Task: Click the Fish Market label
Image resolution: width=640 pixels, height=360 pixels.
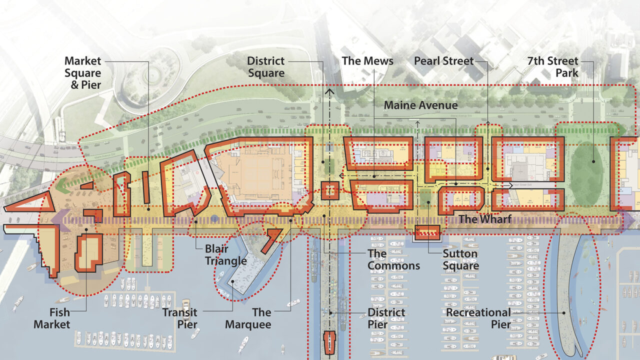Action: pyautogui.click(x=52, y=318)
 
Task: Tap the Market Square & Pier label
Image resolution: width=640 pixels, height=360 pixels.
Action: pyautogui.click(x=82, y=73)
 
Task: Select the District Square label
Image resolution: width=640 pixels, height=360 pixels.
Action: pyautogui.click(x=265, y=67)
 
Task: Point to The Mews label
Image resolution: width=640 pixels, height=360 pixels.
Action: pyautogui.click(x=367, y=61)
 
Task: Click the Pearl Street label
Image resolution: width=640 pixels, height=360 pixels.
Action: pyautogui.click(x=443, y=61)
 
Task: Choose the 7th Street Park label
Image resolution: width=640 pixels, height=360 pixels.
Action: pyautogui.click(x=553, y=67)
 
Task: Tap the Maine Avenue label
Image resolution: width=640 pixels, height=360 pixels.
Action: pyautogui.click(x=420, y=105)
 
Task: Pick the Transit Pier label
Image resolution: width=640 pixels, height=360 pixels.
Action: pyautogui.click(x=179, y=318)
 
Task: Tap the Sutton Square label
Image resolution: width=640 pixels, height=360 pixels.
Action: pyautogui.click(x=460, y=259)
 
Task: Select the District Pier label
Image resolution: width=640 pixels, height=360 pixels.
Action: pyautogui.click(x=386, y=318)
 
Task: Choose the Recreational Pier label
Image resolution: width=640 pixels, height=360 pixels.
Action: pyautogui.click(x=478, y=318)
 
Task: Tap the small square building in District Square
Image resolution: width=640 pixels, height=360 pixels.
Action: pyautogui.click(x=330, y=190)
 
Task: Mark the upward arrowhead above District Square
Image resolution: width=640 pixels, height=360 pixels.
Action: pyautogui.click(x=329, y=92)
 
